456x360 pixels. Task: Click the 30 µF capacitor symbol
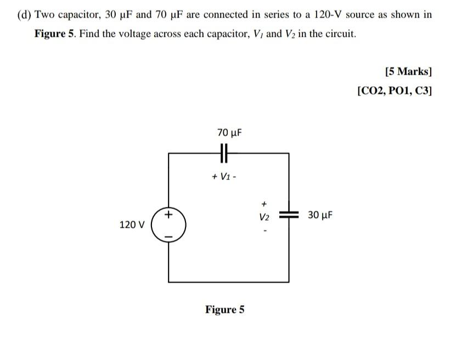coord(289,215)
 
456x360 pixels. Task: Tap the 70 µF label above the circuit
coord(229,133)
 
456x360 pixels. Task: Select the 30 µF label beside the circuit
coord(320,215)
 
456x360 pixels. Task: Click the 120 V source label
coord(132,224)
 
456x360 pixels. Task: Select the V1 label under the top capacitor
coord(224,176)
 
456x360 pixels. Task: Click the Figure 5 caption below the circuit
coord(225,310)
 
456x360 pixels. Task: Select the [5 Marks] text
coord(408,71)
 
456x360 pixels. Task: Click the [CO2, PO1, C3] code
coord(394,91)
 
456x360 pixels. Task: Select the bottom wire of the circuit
coord(228,282)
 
